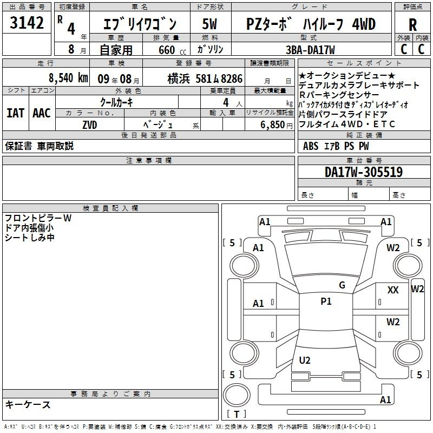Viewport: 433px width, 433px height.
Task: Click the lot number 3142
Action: coord(27,23)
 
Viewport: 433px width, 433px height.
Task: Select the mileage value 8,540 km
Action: coord(68,78)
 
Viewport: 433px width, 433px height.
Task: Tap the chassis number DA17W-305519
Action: coord(364,172)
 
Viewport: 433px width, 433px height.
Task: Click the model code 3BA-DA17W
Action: coord(310,50)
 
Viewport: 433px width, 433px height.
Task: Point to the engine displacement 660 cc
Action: coord(172,50)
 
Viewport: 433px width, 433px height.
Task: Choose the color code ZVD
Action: coord(90,125)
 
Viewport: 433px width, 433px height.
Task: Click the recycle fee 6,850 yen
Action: coord(276,125)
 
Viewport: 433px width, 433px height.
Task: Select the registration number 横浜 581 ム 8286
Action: coord(205,78)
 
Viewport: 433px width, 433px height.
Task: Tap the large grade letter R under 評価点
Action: coord(412,25)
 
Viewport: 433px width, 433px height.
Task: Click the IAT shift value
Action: coord(16,113)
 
